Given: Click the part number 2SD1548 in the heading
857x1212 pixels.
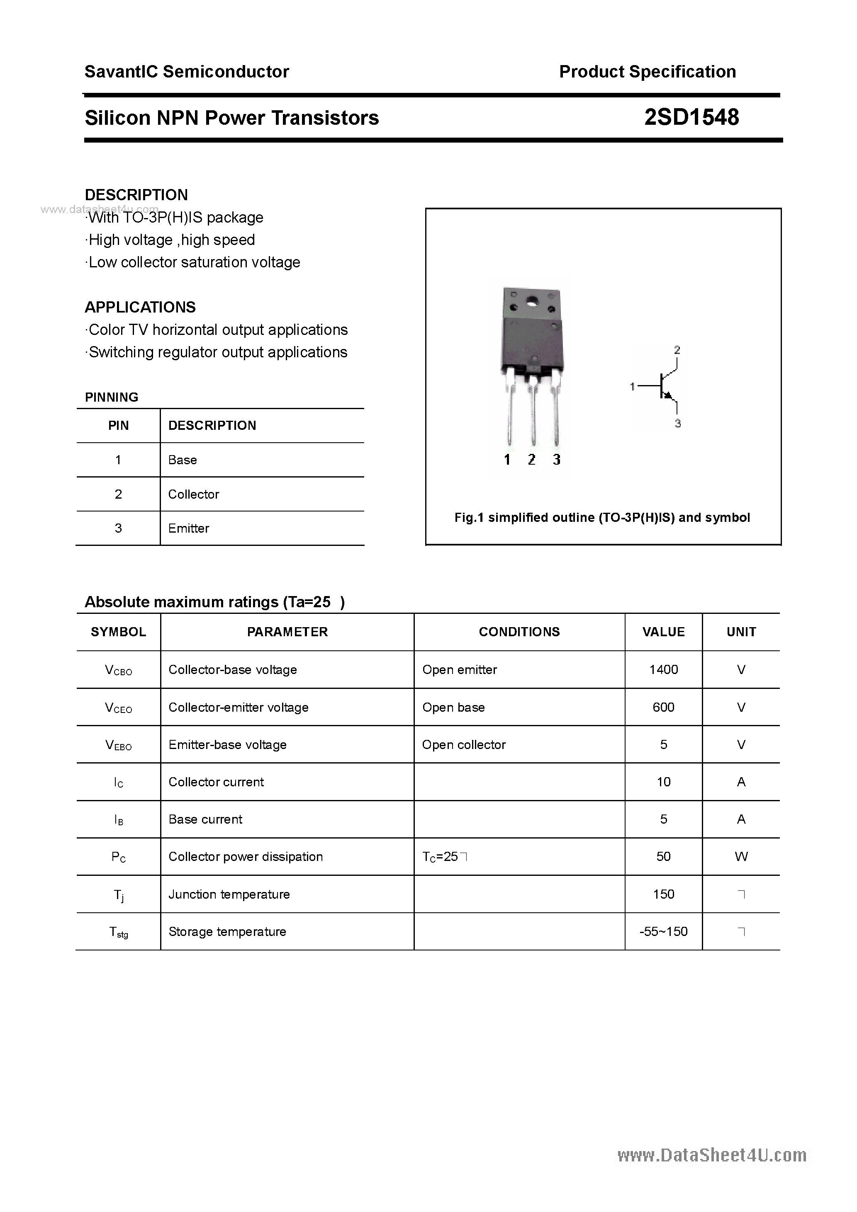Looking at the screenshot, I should (x=691, y=117).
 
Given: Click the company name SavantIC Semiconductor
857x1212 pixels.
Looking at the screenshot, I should (x=187, y=72).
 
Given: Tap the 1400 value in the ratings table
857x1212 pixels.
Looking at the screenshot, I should (x=663, y=669).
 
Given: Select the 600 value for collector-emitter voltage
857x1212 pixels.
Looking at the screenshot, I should (x=663, y=707).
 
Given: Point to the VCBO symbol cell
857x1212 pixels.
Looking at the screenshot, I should (x=118, y=670).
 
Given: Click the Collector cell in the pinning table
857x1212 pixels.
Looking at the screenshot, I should (x=193, y=494).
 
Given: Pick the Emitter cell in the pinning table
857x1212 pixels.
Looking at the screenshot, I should (x=189, y=528).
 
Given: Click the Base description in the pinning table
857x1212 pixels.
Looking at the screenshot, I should (x=182, y=460).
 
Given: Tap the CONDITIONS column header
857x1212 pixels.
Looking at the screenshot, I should (x=519, y=632).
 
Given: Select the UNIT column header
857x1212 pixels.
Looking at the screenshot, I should (x=741, y=632).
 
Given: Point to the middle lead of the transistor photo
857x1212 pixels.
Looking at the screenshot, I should (x=533, y=412).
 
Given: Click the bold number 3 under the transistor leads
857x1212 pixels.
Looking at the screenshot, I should (x=556, y=460).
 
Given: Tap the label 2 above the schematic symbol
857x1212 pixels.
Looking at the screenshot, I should (x=677, y=350).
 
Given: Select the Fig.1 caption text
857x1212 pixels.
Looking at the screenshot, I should (x=602, y=517).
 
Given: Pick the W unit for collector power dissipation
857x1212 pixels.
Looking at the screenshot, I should (x=741, y=857).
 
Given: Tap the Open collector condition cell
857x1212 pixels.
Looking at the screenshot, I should (x=463, y=744).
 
